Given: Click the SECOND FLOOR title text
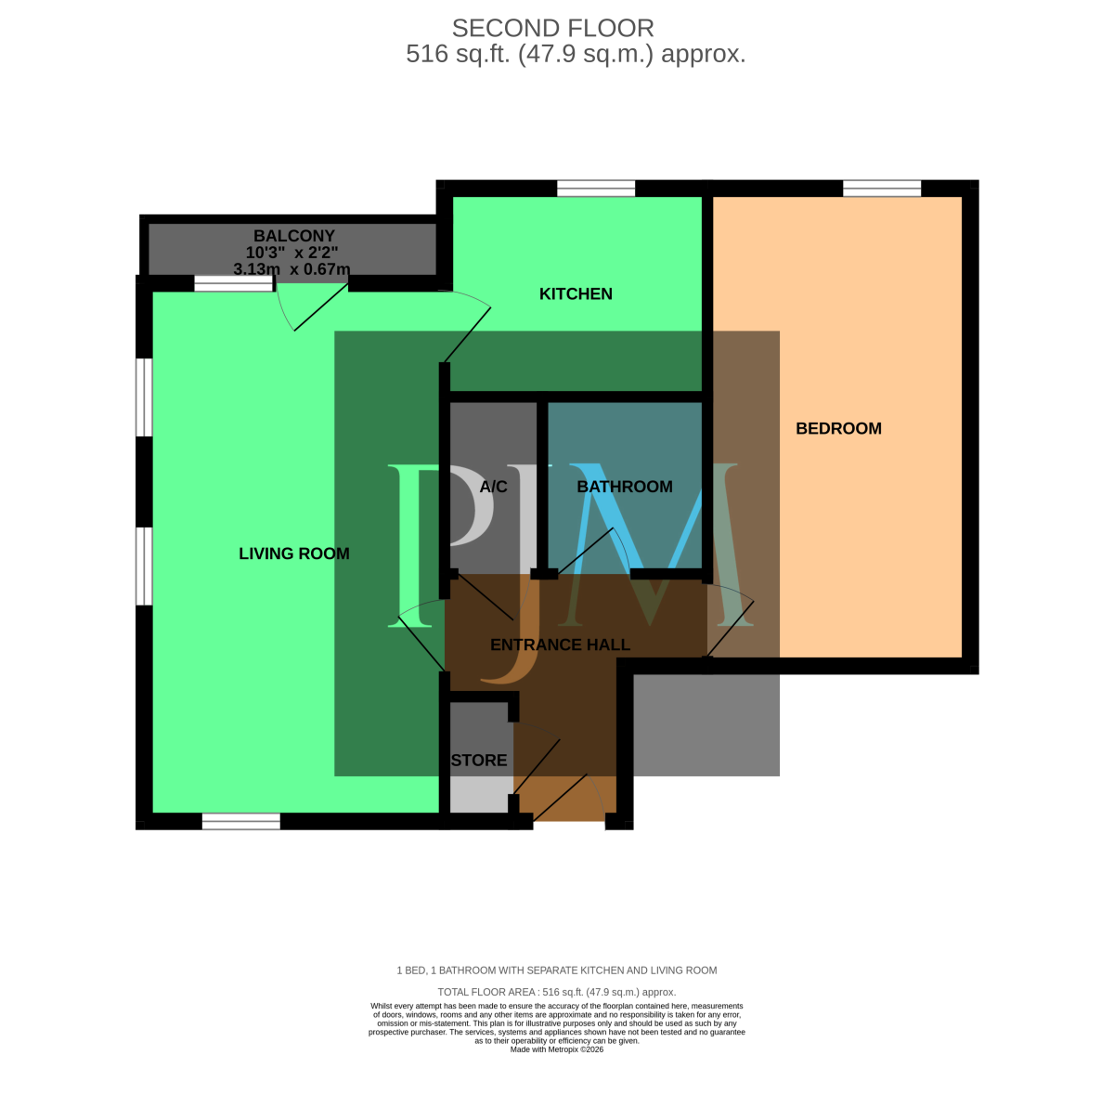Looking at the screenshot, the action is point(552,28).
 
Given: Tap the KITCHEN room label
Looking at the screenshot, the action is point(576,293).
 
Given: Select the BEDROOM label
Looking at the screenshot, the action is point(838,428).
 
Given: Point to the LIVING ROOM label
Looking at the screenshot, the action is point(293,553).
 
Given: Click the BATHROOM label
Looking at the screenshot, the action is point(625,487).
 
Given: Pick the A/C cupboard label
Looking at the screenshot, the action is point(493,487).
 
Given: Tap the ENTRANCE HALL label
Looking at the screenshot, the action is point(560,645).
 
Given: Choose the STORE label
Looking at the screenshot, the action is point(479,760).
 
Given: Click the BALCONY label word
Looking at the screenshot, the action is point(293,236).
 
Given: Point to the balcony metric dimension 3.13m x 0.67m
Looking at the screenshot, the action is point(291,269).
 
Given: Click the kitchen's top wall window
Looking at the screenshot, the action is point(595,189).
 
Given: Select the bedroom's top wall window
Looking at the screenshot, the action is point(881,189).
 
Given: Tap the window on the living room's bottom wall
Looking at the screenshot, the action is point(240,821).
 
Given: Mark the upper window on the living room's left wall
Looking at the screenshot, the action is point(144,397).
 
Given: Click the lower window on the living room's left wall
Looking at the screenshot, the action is point(144,566).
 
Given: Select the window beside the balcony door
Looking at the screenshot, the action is point(233,283).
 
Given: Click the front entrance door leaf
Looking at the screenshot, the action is point(560,797).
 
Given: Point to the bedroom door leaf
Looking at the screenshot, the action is point(731,629).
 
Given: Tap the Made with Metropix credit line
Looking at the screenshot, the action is point(556,1049).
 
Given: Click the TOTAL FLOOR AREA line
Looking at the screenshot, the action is point(556,992).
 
